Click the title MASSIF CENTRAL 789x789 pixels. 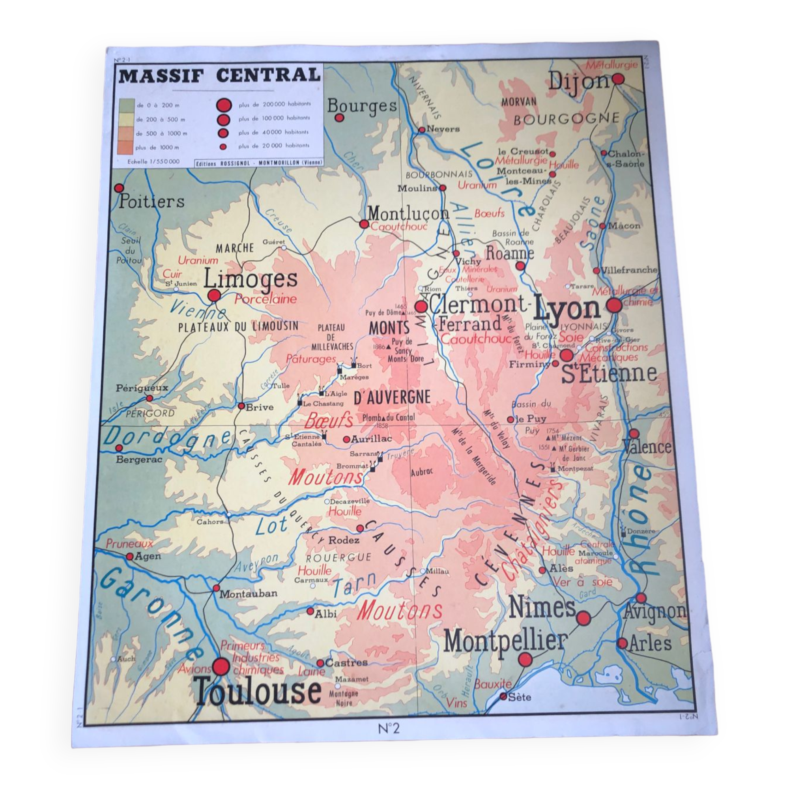pyautogui.click(x=219, y=76)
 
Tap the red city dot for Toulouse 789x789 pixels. pyautogui.click(x=222, y=666)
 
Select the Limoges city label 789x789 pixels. pyautogui.click(x=250, y=279)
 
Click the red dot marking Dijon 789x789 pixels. pyautogui.click(x=618, y=79)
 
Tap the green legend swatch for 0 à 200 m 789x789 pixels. pyautogui.click(x=127, y=105)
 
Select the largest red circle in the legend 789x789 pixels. pyautogui.click(x=223, y=105)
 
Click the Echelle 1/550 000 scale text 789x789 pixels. pyautogui.click(x=153, y=162)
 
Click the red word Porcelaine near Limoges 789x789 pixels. pyautogui.click(x=265, y=299)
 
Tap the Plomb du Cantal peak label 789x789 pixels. pyautogui.click(x=388, y=417)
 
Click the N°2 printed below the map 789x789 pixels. pyautogui.click(x=388, y=728)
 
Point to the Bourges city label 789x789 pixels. pyautogui.click(x=362, y=106)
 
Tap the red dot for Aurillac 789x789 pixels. pyautogui.click(x=346, y=439)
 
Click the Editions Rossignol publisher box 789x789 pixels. pyautogui.click(x=259, y=163)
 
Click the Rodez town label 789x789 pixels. pyautogui.click(x=344, y=540)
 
